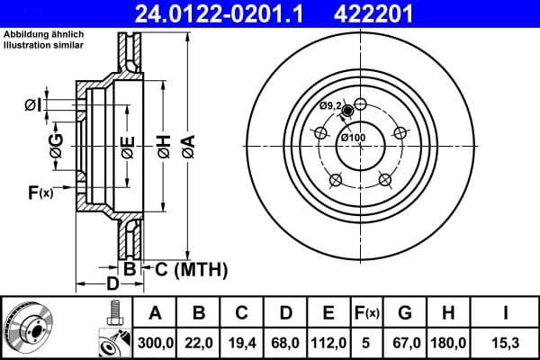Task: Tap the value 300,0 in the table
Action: tap(155, 343)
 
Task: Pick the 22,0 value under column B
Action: tap(199, 343)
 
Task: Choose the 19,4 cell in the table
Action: tap(242, 343)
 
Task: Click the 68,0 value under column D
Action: tap(285, 343)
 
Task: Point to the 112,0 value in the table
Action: tap(328, 343)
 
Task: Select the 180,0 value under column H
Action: tap(449, 343)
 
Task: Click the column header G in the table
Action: tap(406, 313)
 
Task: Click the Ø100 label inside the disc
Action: tap(353, 137)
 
